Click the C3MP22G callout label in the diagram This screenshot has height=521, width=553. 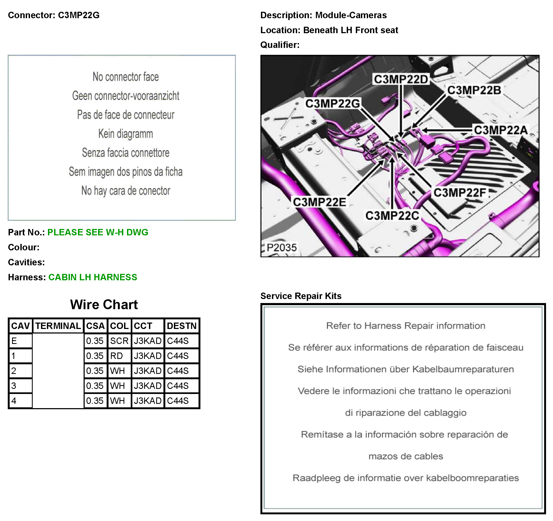pos(332,104)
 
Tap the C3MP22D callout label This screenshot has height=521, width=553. pos(401,79)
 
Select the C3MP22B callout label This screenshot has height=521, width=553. pos(474,90)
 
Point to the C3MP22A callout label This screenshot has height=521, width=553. pos(501,130)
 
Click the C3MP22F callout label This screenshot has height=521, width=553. pos(459,193)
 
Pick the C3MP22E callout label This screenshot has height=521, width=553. pos(319,202)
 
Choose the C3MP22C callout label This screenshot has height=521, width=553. pos(392,216)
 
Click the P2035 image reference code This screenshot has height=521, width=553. pos(282,247)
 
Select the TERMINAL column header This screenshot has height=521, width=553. pos(58,326)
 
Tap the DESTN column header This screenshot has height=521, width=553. pos(182,326)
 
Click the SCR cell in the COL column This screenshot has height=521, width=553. pos(119,341)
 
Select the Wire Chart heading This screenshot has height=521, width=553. pos(104,305)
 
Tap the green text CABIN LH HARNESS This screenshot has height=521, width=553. pos(93,277)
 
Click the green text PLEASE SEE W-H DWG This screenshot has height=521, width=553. pos(98,232)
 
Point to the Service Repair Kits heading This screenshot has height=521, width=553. pos(301,296)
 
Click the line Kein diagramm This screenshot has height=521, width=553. pos(125,134)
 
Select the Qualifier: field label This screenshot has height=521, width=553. pos(280,45)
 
